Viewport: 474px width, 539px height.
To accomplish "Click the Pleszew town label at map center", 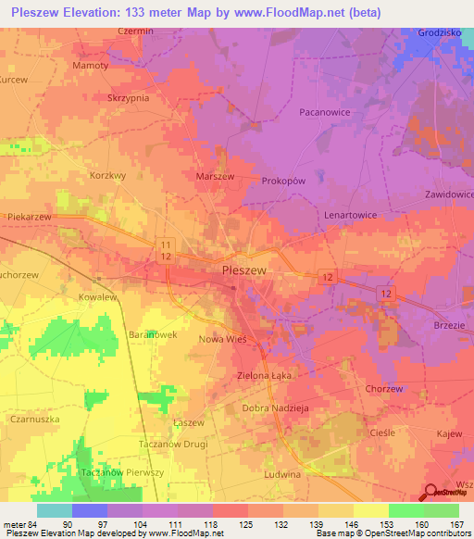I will click(x=244, y=269).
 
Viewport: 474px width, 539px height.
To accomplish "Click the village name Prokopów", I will click(x=284, y=181).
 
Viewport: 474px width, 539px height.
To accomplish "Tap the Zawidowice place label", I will click(x=448, y=195).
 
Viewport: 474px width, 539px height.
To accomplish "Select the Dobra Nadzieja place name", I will click(x=275, y=408).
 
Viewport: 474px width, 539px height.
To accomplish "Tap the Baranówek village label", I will click(x=152, y=332).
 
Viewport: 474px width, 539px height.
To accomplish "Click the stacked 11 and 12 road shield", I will click(x=165, y=247).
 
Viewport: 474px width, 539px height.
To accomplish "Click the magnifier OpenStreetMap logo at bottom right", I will click(x=431, y=491).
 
